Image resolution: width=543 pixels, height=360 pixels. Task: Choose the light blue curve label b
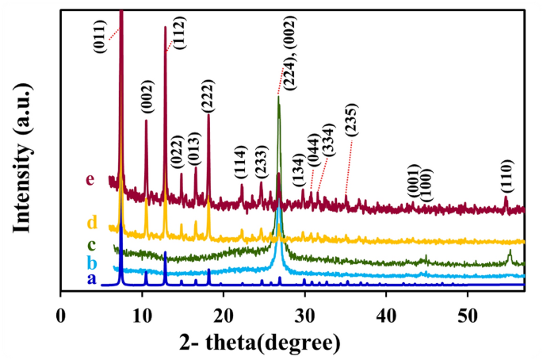pos(91,262)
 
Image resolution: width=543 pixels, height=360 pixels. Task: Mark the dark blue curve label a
pos(91,279)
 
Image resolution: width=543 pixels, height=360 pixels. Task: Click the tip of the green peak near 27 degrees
pos(278,97)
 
